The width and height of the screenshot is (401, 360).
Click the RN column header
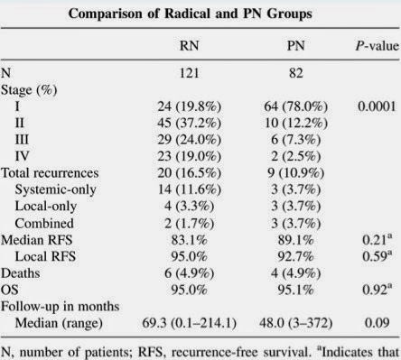(189, 46)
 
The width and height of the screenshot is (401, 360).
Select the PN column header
(296, 46)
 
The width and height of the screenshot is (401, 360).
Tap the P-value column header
(378, 46)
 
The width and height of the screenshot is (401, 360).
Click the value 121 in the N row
(189, 73)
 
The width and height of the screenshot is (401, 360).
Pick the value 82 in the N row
(296, 73)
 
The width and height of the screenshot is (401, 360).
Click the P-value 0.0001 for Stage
(377, 106)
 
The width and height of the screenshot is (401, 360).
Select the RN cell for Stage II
(189, 123)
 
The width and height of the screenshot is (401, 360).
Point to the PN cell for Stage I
(295, 106)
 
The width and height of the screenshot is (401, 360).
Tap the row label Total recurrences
(50, 173)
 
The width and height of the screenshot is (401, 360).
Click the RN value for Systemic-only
(190, 189)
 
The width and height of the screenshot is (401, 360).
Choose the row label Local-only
(46, 207)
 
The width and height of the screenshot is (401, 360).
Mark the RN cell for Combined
(190, 223)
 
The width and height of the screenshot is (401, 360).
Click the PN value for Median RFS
(295, 240)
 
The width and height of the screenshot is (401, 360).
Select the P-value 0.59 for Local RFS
(378, 255)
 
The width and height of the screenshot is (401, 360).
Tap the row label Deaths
(21, 273)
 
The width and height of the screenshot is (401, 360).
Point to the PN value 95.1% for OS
(295, 290)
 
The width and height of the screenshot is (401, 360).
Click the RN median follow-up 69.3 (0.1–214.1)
(189, 323)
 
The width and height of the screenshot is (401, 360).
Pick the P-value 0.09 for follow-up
(377, 323)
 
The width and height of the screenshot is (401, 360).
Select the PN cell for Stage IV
(295, 156)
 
